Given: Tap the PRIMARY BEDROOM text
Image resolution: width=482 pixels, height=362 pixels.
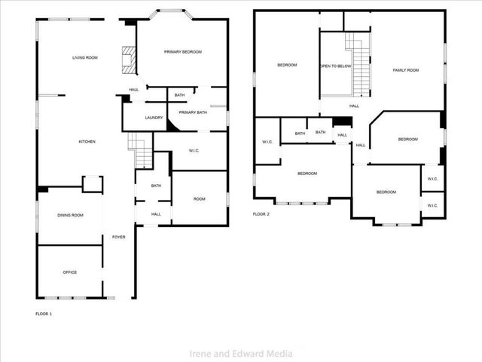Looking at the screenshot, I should (183, 51).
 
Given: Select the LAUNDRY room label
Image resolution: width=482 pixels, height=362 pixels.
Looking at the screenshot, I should (154, 118).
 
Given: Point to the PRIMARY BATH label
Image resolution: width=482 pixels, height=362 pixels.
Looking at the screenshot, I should (193, 112).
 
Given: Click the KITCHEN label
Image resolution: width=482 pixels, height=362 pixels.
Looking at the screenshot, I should (87, 142).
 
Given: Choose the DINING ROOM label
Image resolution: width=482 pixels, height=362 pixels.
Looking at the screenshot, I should (70, 216).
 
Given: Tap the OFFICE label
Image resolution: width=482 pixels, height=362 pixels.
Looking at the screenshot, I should (70, 272).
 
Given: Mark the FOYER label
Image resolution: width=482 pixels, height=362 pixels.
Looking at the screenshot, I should (119, 237).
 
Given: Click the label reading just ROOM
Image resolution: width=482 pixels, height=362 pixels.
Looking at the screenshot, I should (200, 199).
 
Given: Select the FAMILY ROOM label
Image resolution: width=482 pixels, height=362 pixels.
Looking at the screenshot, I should (406, 70).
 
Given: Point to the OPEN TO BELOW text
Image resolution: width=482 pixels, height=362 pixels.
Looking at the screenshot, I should (336, 66).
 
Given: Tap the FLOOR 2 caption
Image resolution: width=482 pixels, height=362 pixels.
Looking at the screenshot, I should (261, 213).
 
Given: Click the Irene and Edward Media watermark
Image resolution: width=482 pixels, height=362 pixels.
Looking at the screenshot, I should (241, 353).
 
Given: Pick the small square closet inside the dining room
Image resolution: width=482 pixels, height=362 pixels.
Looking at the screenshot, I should (92, 185).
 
